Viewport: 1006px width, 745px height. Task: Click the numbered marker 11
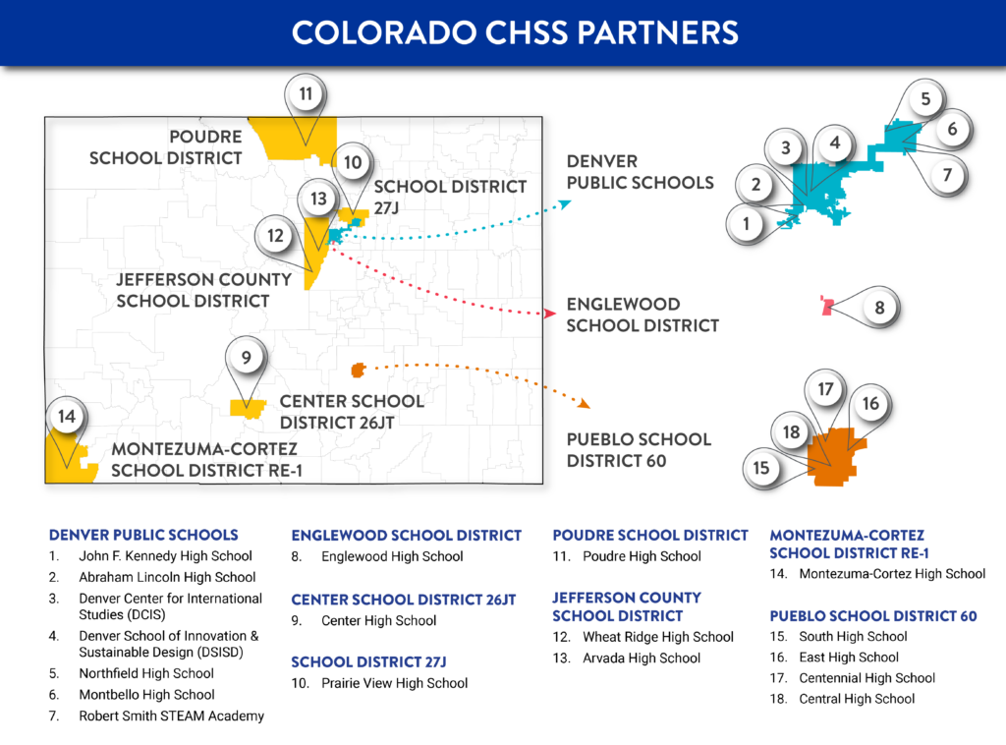(306, 94)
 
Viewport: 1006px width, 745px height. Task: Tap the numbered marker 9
(247, 358)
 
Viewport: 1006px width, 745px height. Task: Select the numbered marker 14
(66, 417)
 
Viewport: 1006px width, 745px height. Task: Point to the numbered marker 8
(879, 308)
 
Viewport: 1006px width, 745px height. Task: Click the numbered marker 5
(925, 98)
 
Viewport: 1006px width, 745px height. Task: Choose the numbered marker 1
(747, 224)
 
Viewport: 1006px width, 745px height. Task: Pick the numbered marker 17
(825, 389)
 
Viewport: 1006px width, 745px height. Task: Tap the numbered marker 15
(761, 469)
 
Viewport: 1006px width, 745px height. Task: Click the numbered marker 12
(276, 236)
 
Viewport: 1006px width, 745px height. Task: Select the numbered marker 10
(353, 162)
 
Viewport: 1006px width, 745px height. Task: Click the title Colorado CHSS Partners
(515, 31)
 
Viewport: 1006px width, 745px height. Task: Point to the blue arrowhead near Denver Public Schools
(564, 203)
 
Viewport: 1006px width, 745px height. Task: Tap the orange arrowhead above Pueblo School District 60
(585, 403)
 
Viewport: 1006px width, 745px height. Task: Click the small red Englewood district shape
(827, 307)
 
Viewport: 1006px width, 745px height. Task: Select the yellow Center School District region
(247, 408)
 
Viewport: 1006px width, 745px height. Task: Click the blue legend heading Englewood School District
(406, 536)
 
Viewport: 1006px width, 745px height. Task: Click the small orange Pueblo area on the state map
(358, 370)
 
